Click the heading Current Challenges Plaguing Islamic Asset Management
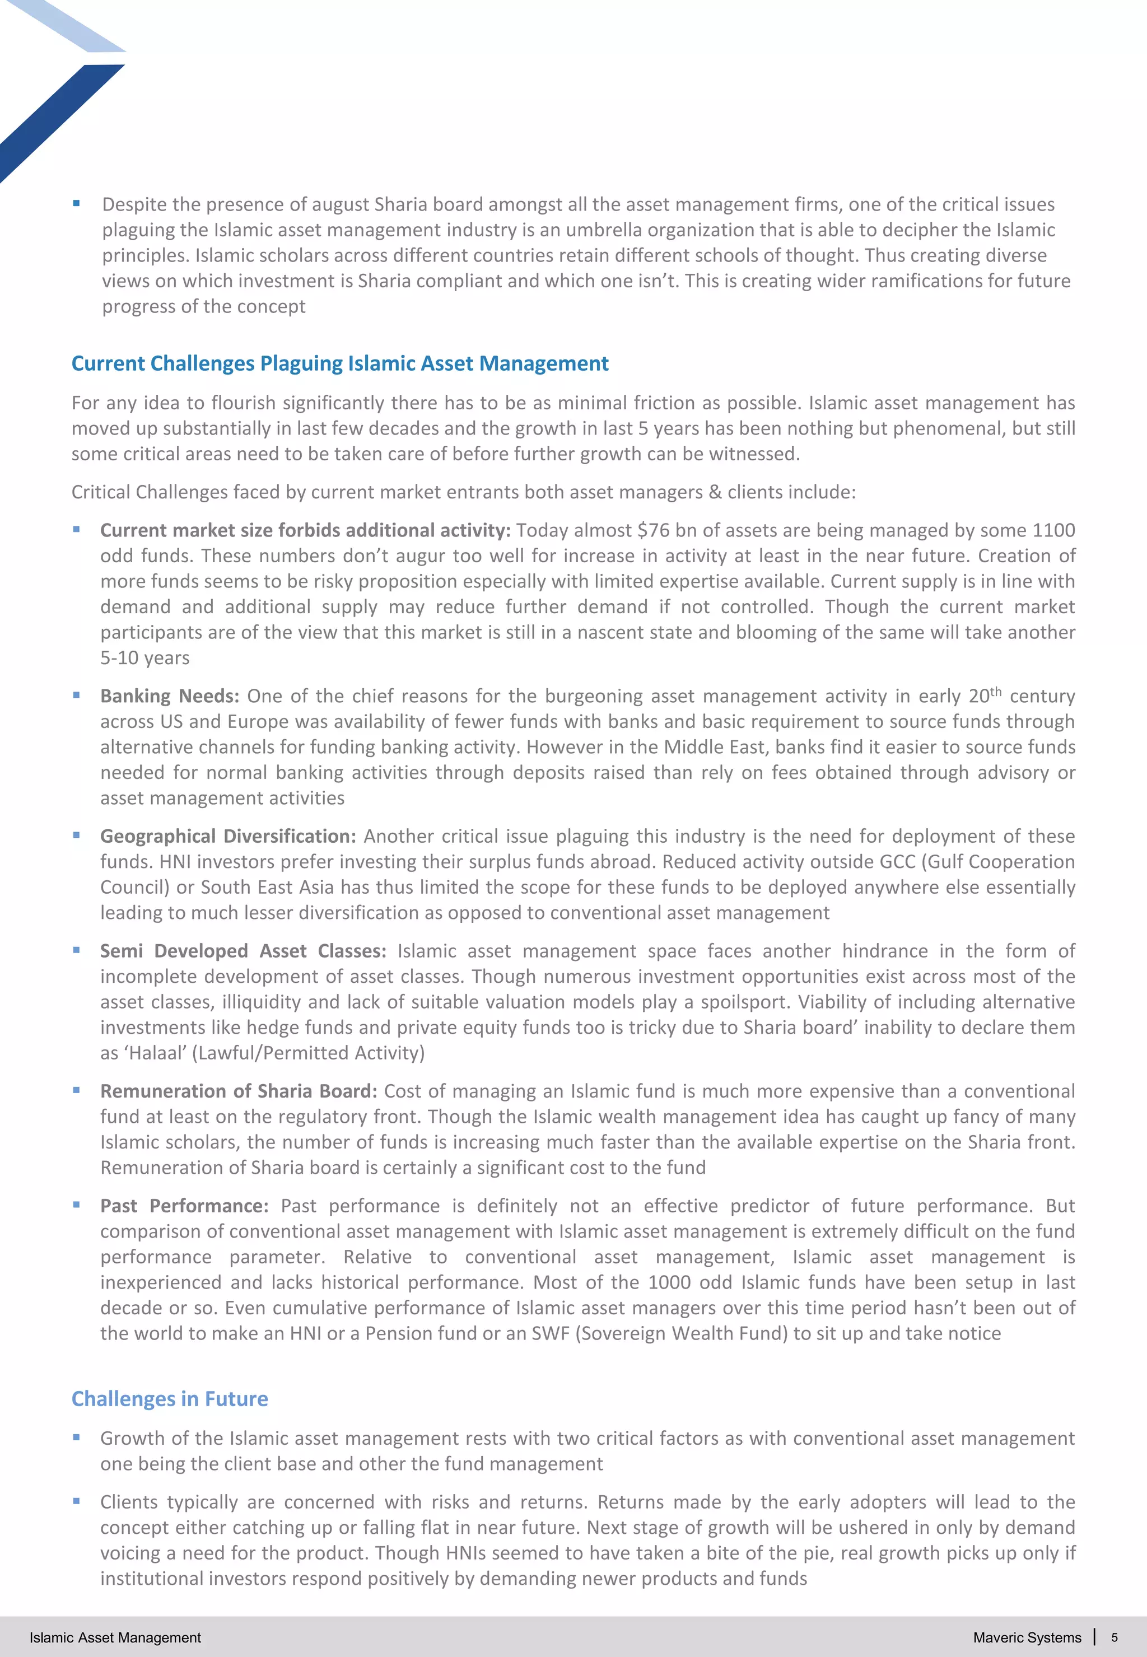[x=339, y=363]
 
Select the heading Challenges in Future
[x=170, y=1398]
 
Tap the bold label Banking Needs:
[x=170, y=696]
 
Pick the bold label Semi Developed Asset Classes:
[x=243, y=951]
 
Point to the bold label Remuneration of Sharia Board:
[x=239, y=1091]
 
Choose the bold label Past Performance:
[x=184, y=1206]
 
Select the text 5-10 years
[x=144, y=658]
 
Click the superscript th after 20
[x=995, y=691]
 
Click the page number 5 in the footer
[x=1114, y=1637]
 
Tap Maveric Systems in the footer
[x=1027, y=1637]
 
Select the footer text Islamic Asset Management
[x=115, y=1637]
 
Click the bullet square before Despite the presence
[x=76, y=203]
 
